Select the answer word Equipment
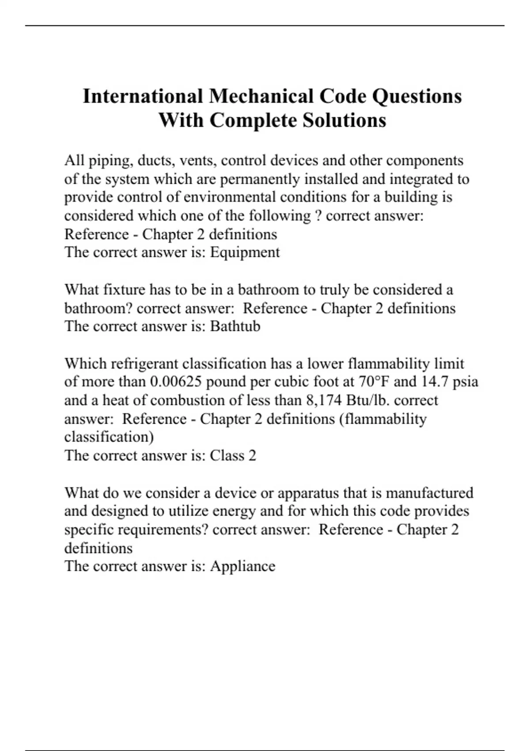click(x=245, y=252)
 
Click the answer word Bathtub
click(x=235, y=326)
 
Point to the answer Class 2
click(x=233, y=455)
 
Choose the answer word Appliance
click(x=242, y=566)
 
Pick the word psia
click(x=465, y=381)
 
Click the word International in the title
click(x=143, y=96)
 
